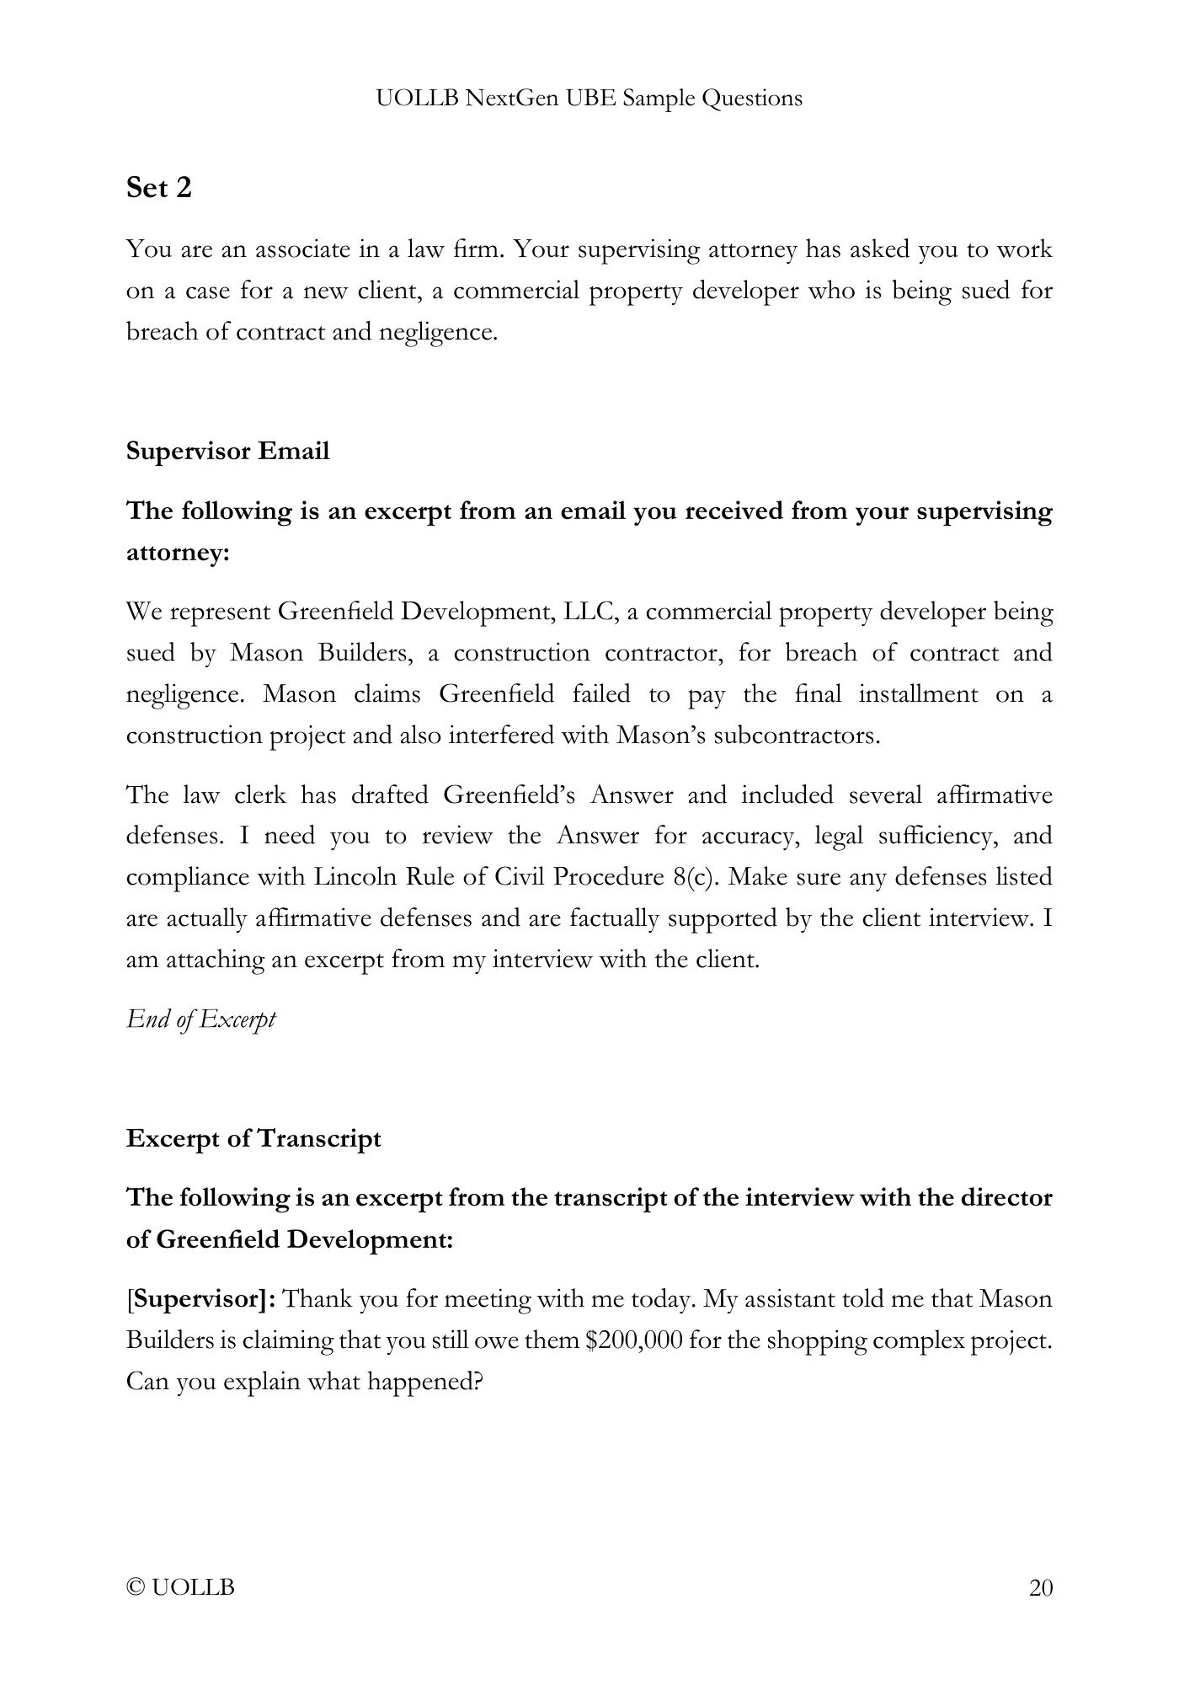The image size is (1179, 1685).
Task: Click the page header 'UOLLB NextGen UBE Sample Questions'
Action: pyautogui.click(x=589, y=99)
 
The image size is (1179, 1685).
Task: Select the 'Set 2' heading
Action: pyautogui.click(x=159, y=187)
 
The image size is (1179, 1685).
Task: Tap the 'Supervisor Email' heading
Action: pyautogui.click(x=227, y=451)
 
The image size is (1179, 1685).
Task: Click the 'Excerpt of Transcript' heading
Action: pyautogui.click(x=253, y=1138)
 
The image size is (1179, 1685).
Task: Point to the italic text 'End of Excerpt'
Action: pyautogui.click(x=200, y=1019)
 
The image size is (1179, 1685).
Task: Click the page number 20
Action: pyautogui.click(x=1041, y=1588)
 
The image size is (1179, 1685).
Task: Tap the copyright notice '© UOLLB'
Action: pyautogui.click(x=180, y=1588)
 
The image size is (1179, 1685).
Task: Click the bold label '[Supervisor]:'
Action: pyautogui.click(x=201, y=1299)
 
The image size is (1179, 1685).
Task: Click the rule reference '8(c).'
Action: pyautogui.click(x=696, y=877)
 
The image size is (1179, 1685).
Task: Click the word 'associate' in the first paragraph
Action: pyautogui.click(x=306, y=249)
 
